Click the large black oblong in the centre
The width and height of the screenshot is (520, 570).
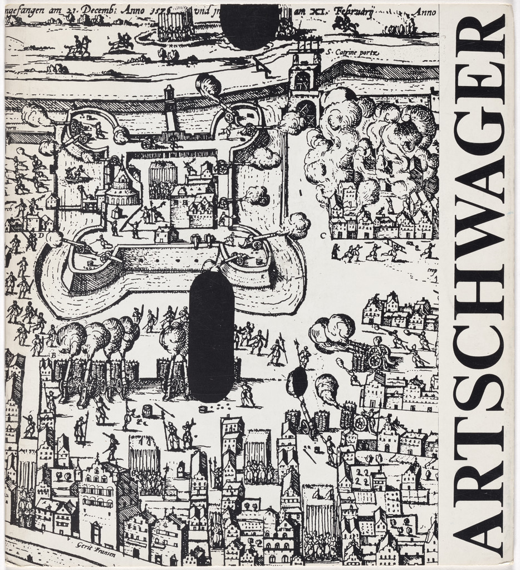(211, 336)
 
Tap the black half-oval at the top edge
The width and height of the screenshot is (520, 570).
(249, 25)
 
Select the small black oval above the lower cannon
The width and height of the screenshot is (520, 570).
(296, 382)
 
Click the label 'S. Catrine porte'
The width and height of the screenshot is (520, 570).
(353, 53)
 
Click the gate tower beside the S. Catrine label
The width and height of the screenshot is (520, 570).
(303, 83)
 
